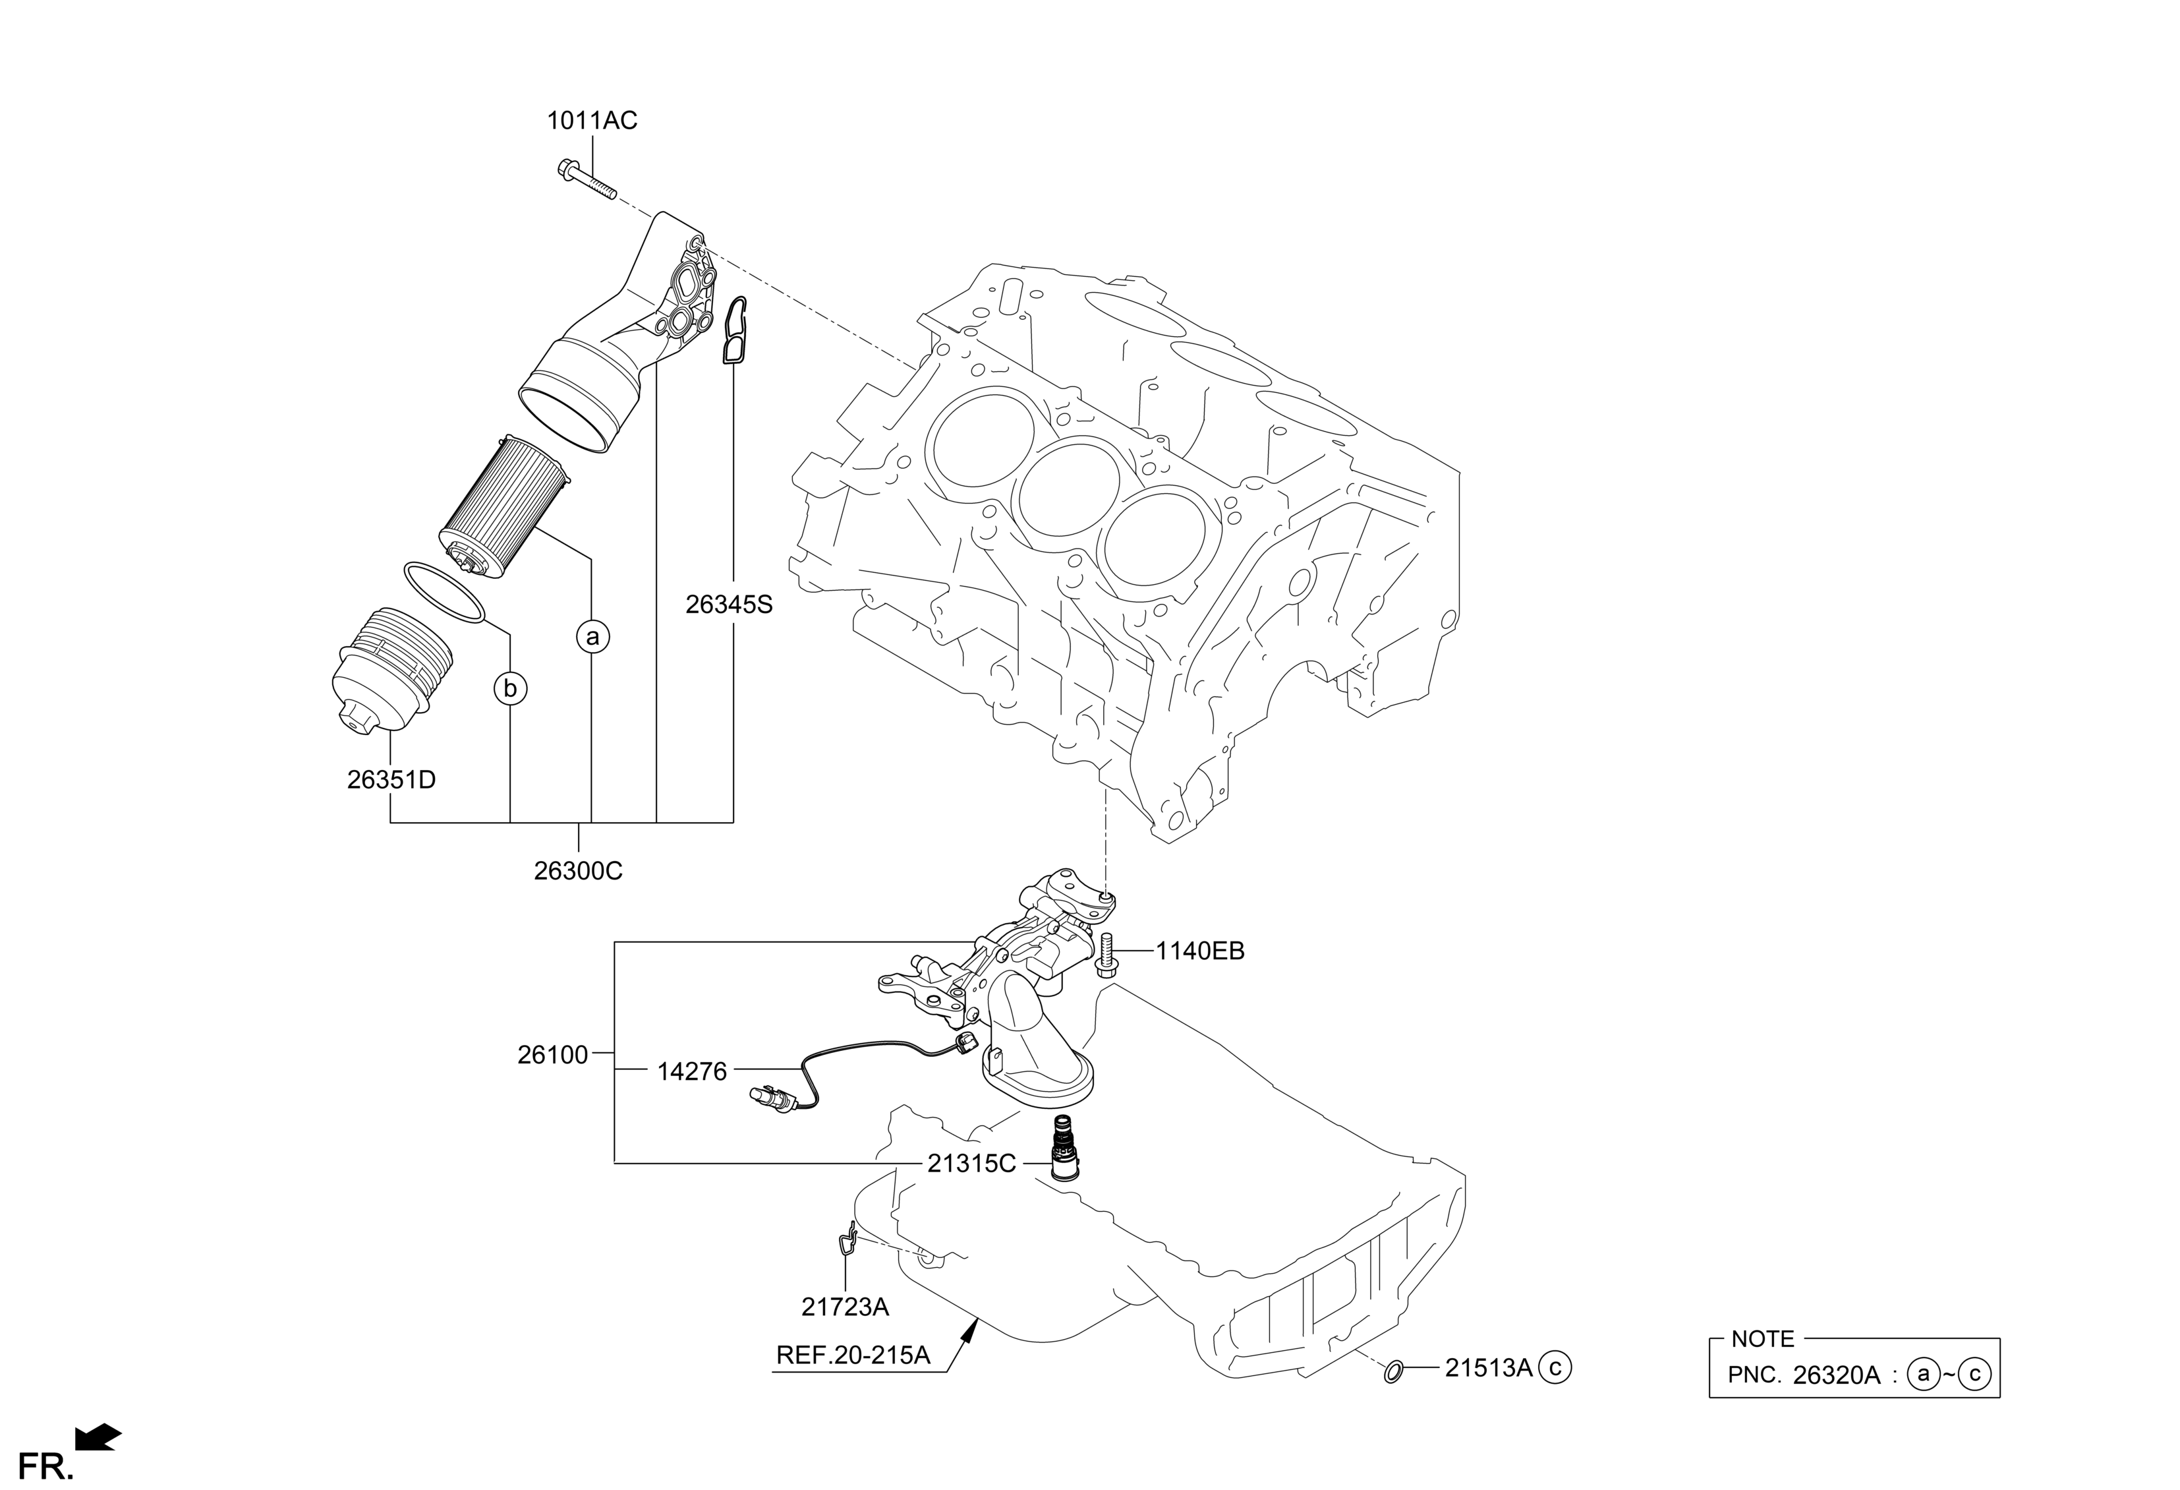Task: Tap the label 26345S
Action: point(729,605)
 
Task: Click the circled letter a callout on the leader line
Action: point(592,637)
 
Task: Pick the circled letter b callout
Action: point(510,690)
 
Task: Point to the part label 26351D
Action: point(391,780)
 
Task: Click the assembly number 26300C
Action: point(578,872)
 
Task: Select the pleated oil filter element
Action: point(503,507)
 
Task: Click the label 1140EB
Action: point(1200,951)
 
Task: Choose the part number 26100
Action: point(552,1056)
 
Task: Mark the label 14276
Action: point(691,1071)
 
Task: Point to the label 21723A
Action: point(845,1306)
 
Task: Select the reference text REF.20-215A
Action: point(853,1356)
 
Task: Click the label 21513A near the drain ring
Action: point(1488,1369)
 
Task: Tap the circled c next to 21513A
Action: point(1555,1368)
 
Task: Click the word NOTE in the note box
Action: point(1763,1339)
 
